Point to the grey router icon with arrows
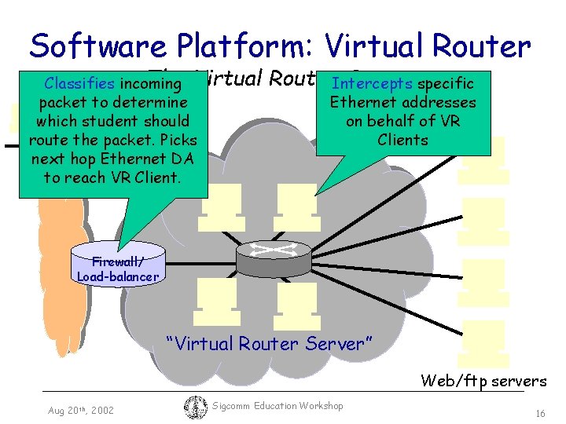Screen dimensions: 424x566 click(x=273, y=253)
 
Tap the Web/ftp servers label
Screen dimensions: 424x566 click(x=483, y=381)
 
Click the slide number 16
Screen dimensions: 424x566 click(x=540, y=413)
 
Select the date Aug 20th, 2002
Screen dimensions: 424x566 click(x=80, y=410)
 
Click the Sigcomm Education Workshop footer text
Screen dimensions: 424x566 click(x=278, y=405)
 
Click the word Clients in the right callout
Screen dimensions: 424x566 click(x=402, y=140)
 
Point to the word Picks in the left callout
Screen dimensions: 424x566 click(x=177, y=140)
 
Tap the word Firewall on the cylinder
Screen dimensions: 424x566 click(x=116, y=261)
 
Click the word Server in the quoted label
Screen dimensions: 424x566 click(x=336, y=343)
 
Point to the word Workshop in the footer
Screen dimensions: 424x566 click(x=321, y=405)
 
